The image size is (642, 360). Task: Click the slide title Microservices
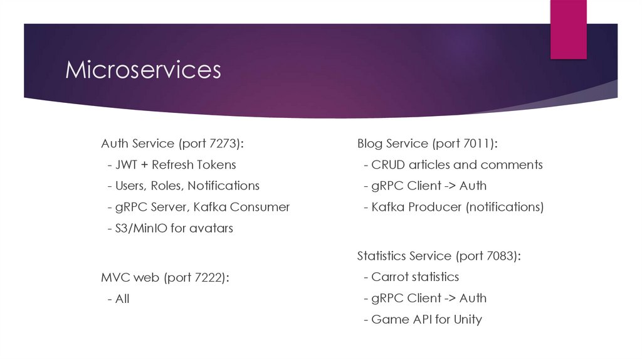pos(143,70)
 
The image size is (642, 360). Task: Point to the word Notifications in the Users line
pos(223,186)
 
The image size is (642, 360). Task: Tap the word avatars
pos(211,228)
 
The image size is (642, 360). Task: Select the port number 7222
pos(209,277)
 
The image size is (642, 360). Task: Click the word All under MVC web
pos(122,299)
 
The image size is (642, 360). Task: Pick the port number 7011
pos(480,144)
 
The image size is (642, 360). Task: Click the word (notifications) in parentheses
pos(504,207)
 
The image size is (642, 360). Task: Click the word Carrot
pos(391,277)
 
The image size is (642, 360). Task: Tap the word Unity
pos(468,319)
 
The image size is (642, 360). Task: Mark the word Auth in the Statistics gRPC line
pos(473,299)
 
